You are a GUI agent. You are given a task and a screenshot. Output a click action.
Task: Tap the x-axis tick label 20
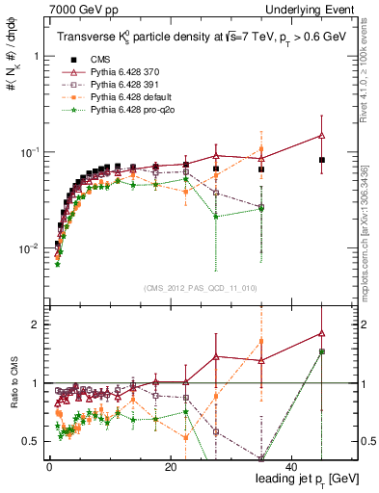coord(170,465)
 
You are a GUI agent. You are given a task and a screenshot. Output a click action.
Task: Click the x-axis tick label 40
coord(290,465)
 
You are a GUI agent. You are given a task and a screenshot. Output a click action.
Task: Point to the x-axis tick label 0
coord(49,465)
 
